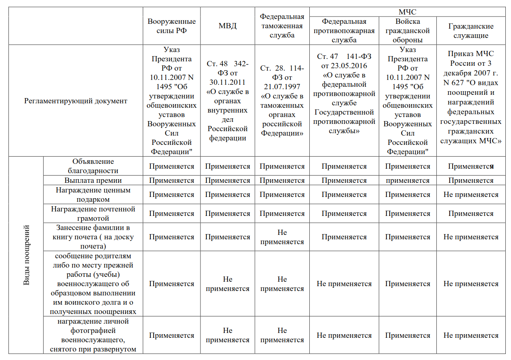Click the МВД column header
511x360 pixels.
[227, 26]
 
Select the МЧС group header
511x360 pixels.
[407, 12]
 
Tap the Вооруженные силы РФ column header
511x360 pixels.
[171, 26]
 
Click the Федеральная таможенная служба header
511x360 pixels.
[282, 26]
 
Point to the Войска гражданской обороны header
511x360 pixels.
[407, 31]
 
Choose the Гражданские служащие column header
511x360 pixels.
[471, 31]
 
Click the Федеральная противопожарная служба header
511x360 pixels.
[344, 31]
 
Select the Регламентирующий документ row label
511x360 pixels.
[76, 101]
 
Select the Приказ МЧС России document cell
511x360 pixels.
[471, 97]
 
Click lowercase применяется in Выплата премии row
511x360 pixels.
[407, 180]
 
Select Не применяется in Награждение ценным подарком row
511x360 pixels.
[471, 195]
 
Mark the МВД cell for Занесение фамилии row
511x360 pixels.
[227, 237]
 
